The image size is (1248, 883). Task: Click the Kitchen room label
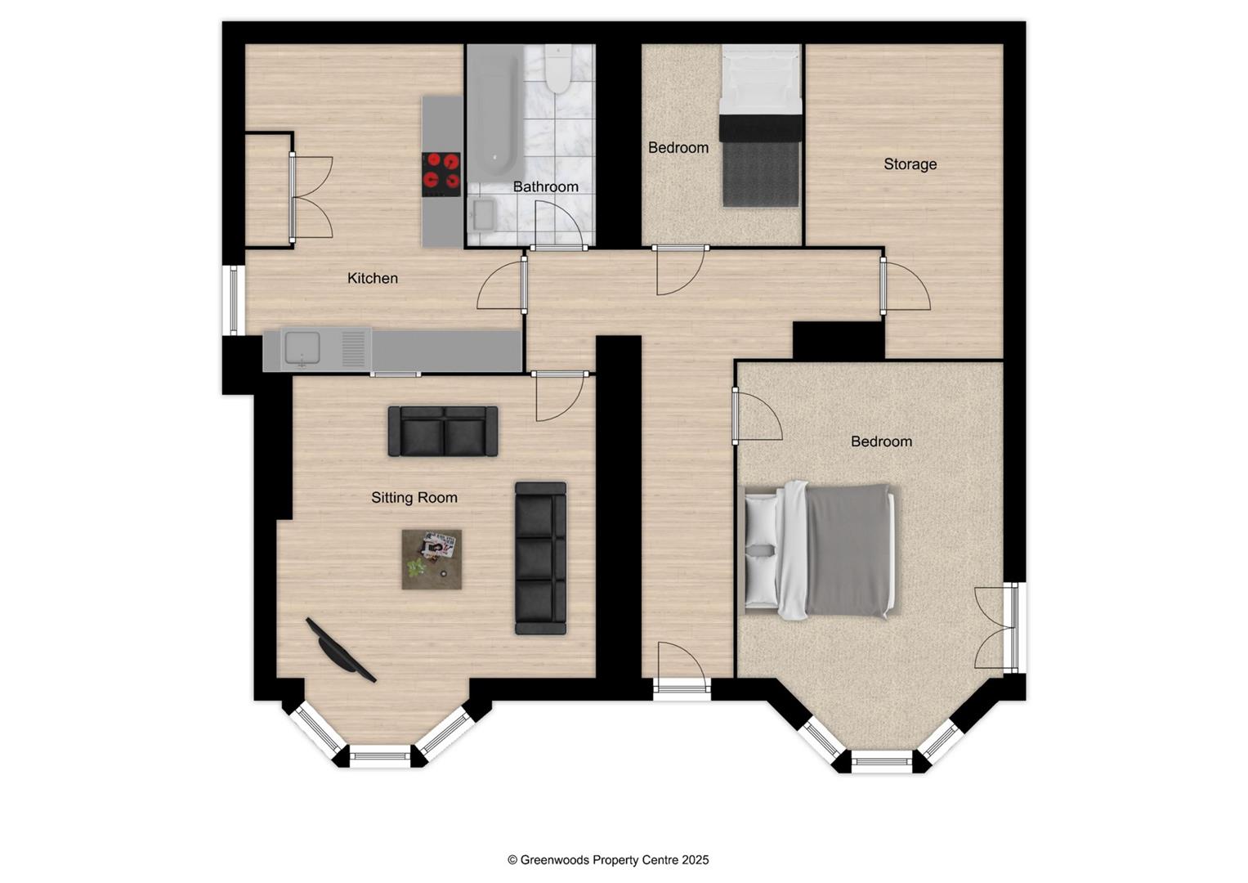373,279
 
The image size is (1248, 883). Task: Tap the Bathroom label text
545,187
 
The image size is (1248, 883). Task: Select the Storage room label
910,164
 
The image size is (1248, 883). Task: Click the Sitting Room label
414,498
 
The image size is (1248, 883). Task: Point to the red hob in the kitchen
441,174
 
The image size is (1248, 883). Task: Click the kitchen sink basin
303,349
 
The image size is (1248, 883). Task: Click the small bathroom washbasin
483,215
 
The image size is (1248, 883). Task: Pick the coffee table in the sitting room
432,559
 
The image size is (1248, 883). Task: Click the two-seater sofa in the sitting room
443,432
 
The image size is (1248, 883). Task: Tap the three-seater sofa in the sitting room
540,558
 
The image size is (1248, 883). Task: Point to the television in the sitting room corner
340,650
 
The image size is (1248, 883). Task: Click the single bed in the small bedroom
760,127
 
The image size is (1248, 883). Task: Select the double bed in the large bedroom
820,550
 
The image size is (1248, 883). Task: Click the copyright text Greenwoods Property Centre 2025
608,860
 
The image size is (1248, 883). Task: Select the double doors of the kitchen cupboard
311,197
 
